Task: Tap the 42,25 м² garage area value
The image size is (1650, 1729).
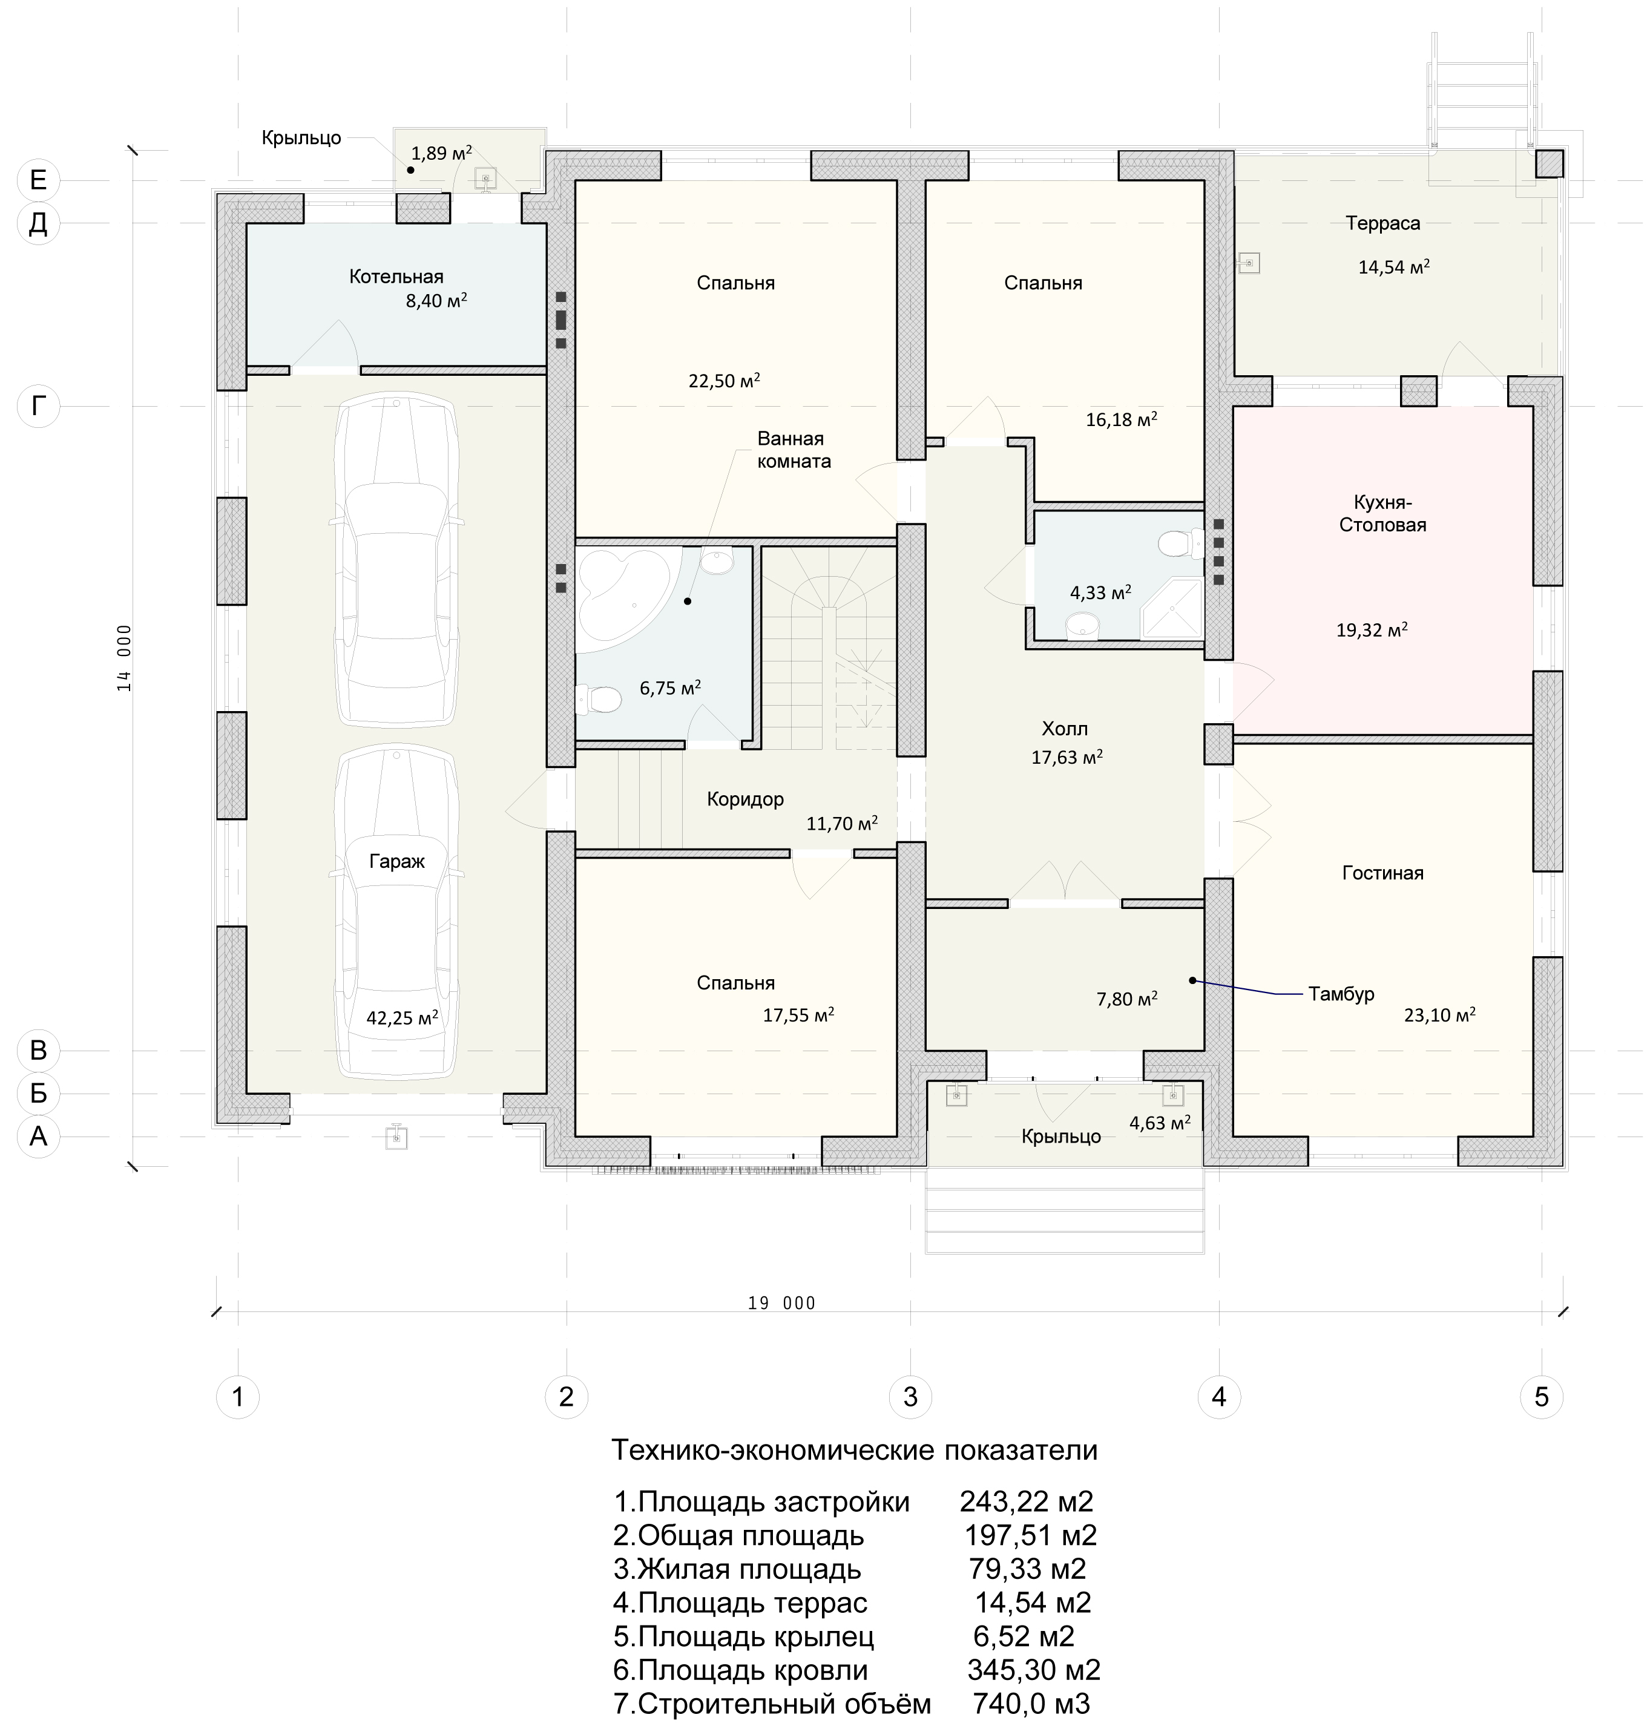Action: pos(402,1017)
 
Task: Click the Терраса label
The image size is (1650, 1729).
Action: pos(1382,223)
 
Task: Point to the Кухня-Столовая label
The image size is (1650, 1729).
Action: pos(1382,514)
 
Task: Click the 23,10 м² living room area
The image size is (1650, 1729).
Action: pos(1439,1015)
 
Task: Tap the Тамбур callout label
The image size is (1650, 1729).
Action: pos(1341,994)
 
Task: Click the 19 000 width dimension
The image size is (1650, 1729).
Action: pos(782,1304)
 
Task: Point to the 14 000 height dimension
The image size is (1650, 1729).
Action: pos(124,658)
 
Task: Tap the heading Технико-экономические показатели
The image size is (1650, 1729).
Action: pos(854,1449)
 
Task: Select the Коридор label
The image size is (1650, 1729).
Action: pos(745,799)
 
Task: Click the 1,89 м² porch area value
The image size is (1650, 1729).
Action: pos(441,153)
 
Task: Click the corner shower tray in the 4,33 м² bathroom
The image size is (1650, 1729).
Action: pos(1172,608)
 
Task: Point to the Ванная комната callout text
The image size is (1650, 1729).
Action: pos(794,450)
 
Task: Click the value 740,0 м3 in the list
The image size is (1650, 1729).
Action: pos(1031,1704)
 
